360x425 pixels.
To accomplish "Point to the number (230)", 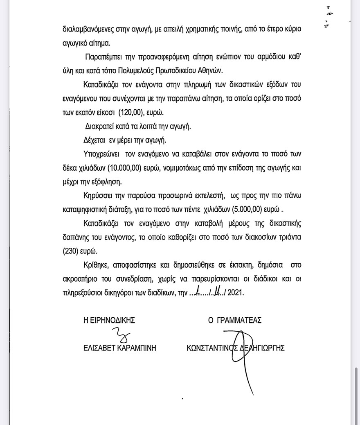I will pos(71,251).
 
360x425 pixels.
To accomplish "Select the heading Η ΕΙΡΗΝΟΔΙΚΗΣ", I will pos(109,320).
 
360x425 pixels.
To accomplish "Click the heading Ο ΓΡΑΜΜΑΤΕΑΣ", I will pos(235,320).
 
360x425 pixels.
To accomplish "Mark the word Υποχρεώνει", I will pos(99,155).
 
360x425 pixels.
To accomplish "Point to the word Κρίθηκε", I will pos(95,265).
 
